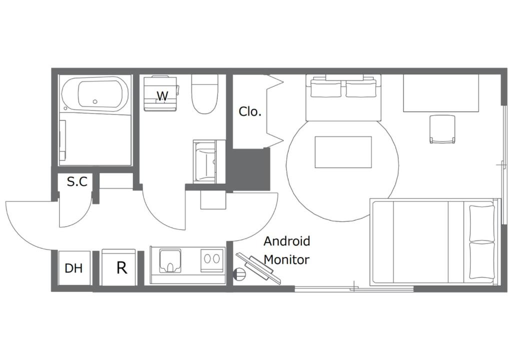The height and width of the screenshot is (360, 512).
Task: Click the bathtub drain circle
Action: point(95,101)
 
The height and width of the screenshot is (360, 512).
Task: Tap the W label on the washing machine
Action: point(162,96)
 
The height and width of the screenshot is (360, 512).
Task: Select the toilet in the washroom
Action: point(204,94)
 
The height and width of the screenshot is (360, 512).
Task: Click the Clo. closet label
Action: point(250,111)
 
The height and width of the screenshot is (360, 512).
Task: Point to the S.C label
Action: point(77,181)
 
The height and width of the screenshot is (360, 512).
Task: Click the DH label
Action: point(73,268)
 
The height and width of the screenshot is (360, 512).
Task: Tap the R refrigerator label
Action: point(121,268)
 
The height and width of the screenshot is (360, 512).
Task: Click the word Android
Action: point(286,241)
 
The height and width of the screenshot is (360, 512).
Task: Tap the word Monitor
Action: point(286,259)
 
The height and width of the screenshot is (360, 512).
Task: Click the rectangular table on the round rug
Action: point(343,152)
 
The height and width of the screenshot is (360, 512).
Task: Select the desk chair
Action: point(442,129)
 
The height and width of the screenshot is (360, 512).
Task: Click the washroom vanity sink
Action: point(205,161)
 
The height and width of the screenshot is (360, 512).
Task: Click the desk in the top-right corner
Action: point(441,93)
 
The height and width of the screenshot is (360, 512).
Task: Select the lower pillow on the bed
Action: point(481,260)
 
